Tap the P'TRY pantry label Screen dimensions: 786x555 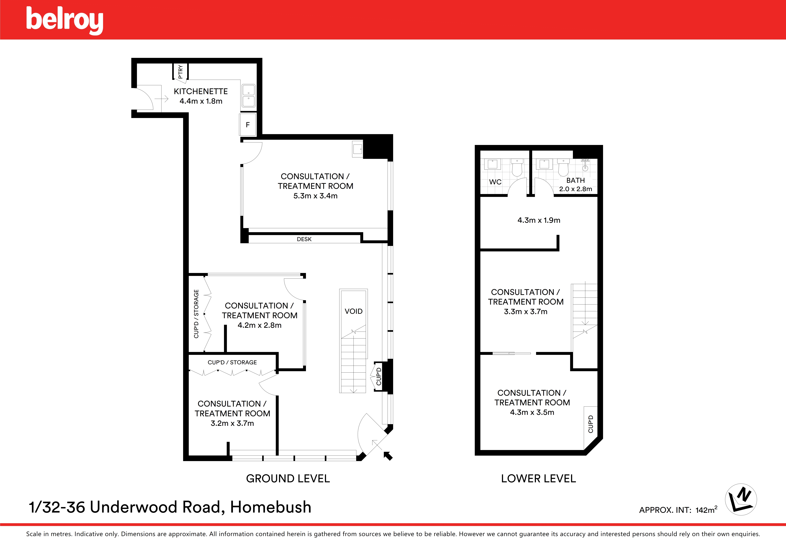[180, 72]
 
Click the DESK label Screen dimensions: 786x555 [304, 239]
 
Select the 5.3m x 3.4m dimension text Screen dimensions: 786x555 [315, 196]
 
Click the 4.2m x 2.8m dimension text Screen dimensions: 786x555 [259, 325]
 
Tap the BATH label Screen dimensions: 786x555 [575, 180]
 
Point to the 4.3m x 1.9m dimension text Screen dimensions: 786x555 [539, 220]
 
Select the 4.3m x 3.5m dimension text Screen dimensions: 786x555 [532, 412]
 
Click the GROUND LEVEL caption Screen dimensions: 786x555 [288, 478]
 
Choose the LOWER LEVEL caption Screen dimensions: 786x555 [539, 478]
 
